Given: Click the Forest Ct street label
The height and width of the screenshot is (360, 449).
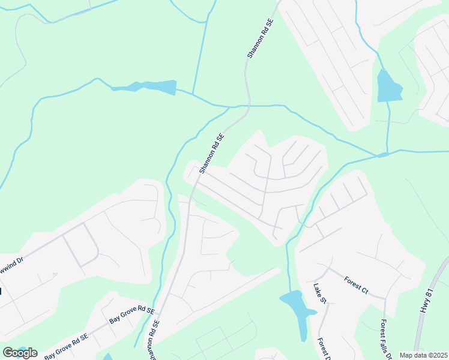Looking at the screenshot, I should coord(356,284).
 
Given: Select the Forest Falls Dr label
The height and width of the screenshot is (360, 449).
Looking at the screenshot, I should coord(384,335).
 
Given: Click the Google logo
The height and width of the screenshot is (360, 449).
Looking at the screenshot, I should coord(20,353).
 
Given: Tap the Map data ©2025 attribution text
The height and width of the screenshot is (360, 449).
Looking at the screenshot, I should coord(424,355).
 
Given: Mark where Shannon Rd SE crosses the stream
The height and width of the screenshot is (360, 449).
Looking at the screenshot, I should coord(247,106).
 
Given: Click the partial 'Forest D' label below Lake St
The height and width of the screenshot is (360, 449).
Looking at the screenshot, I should coord(324,348).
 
